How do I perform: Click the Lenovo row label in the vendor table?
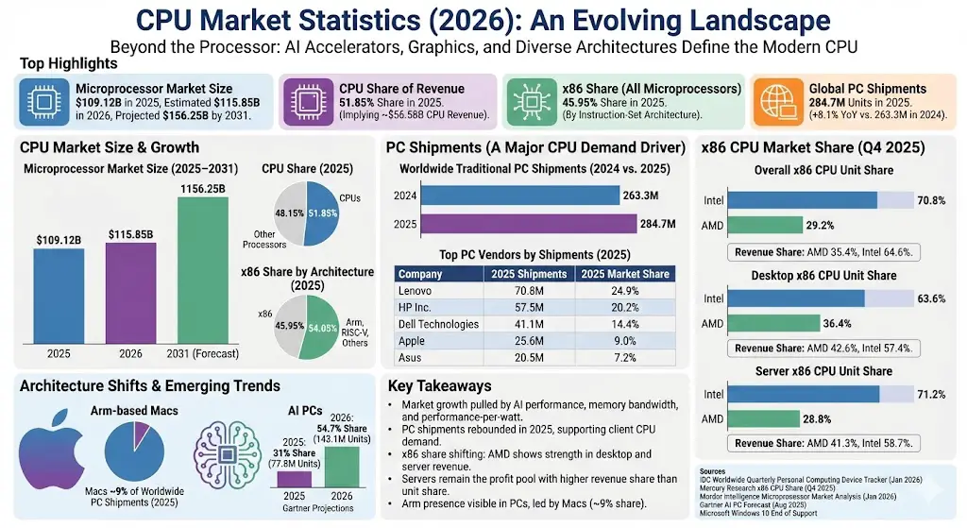point(417,290)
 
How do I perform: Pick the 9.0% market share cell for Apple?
point(625,341)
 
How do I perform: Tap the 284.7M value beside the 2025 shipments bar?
point(658,224)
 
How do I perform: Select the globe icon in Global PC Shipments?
point(774,102)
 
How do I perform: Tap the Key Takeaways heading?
point(440,385)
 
